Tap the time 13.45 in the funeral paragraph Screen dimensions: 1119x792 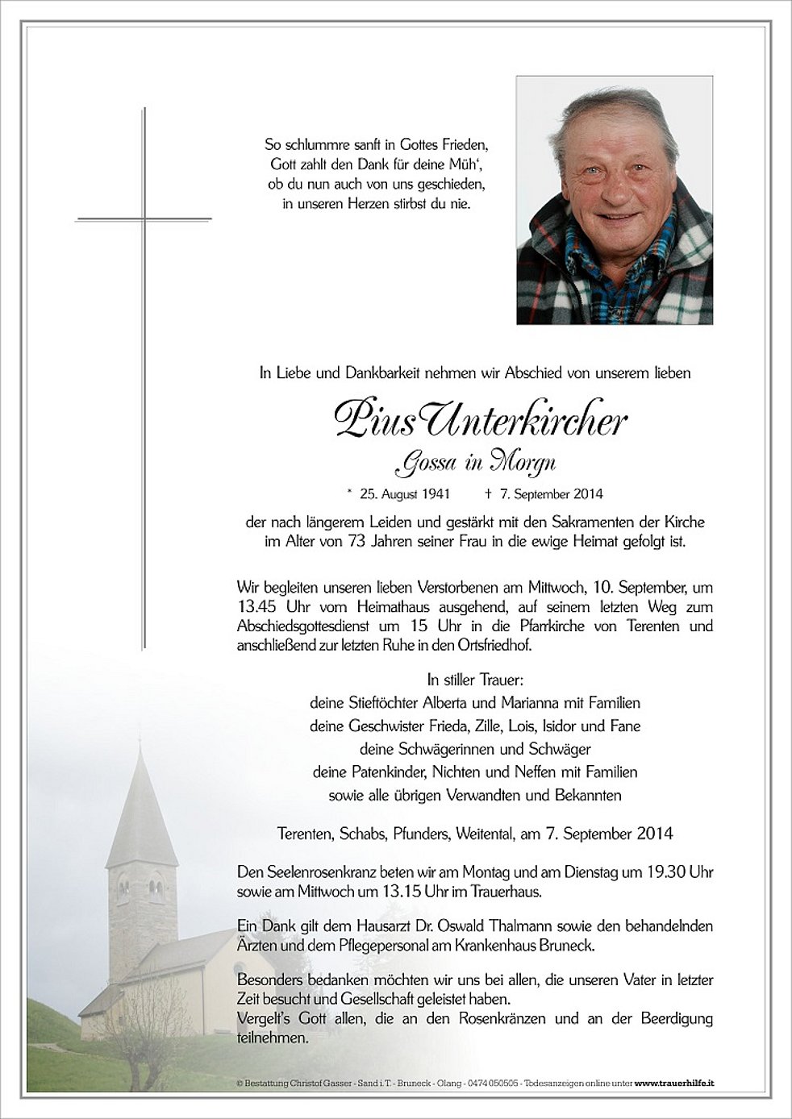[x=256, y=607]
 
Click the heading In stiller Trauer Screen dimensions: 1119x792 [x=475, y=680]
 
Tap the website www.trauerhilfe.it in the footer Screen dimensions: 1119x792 [x=676, y=1084]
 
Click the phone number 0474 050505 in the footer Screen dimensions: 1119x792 [x=493, y=1084]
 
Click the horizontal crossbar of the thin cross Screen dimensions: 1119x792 [x=144, y=218]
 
